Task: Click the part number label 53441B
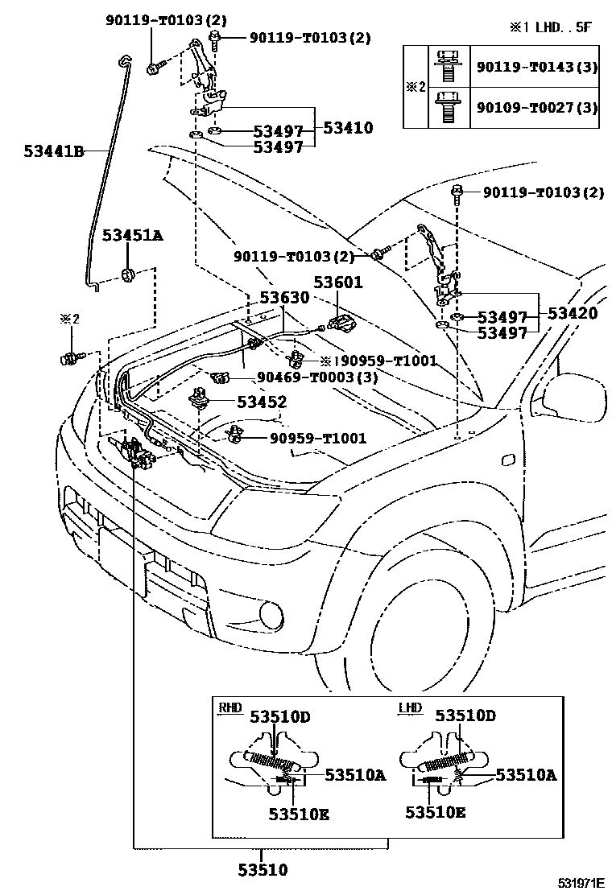(53, 150)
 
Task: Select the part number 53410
(348, 127)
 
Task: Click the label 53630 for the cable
(284, 297)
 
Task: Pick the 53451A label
(132, 235)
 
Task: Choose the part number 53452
(261, 401)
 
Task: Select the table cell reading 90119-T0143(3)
(536, 67)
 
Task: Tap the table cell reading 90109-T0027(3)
(536, 106)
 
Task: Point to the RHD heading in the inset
(230, 707)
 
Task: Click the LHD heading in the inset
(411, 707)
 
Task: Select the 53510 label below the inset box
(262, 869)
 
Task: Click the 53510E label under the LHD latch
(435, 813)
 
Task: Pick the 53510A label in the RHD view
(355, 774)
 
